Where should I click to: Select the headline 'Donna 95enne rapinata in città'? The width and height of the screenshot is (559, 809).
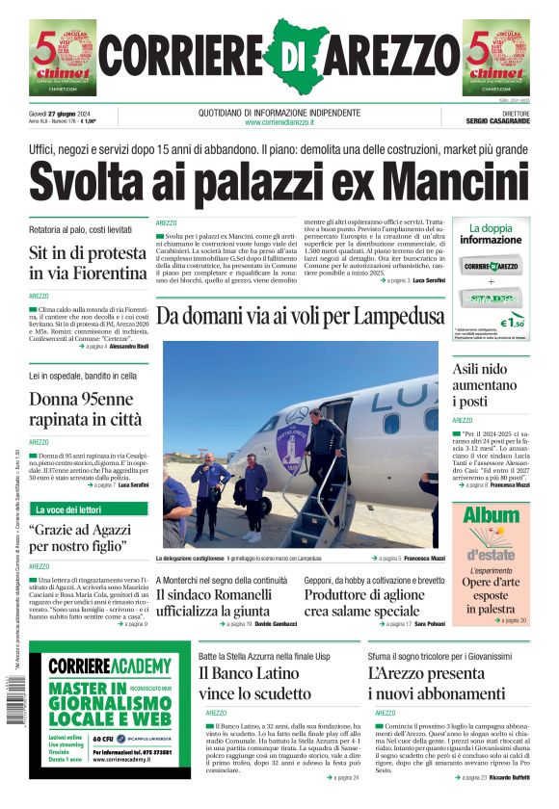click(x=85, y=408)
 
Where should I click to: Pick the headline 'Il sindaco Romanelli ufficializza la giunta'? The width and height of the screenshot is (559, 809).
click(x=220, y=601)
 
